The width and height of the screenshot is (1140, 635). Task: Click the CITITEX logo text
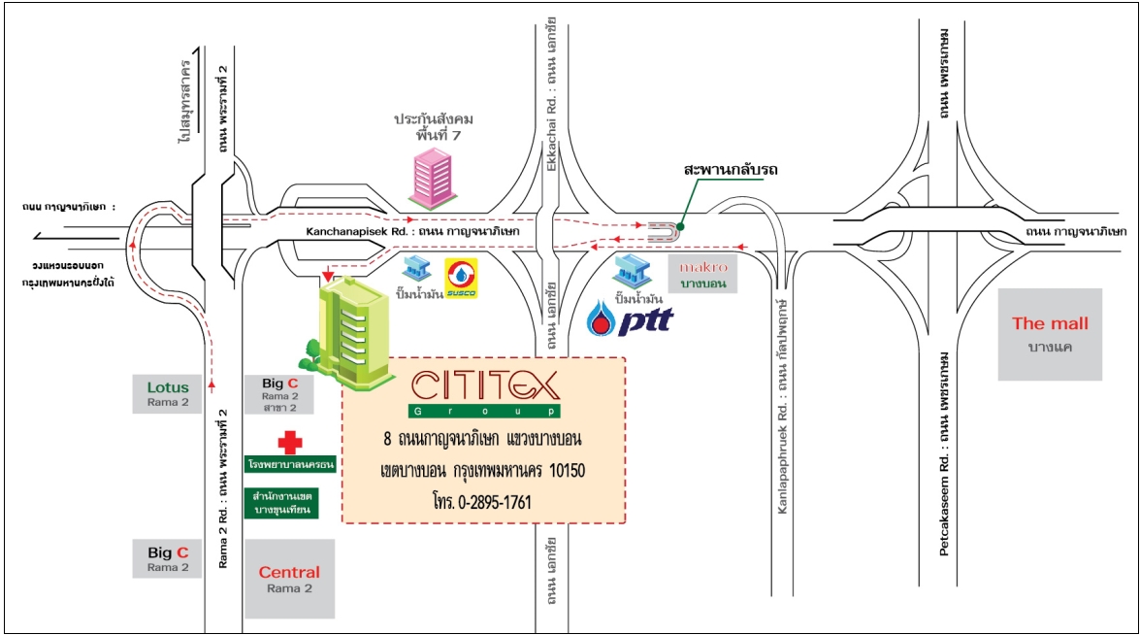pos(484,385)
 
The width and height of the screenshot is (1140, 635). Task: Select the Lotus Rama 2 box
pos(168,393)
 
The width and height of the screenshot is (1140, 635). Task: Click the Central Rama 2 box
pos(289,579)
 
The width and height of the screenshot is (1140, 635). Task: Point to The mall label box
pos(1050,333)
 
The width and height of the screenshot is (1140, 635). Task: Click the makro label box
pos(702,273)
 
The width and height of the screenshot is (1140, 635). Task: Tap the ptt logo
pos(625,318)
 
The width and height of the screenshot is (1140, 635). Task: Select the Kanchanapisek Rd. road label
pos(414,233)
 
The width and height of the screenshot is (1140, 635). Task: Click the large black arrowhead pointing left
pos(39,234)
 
